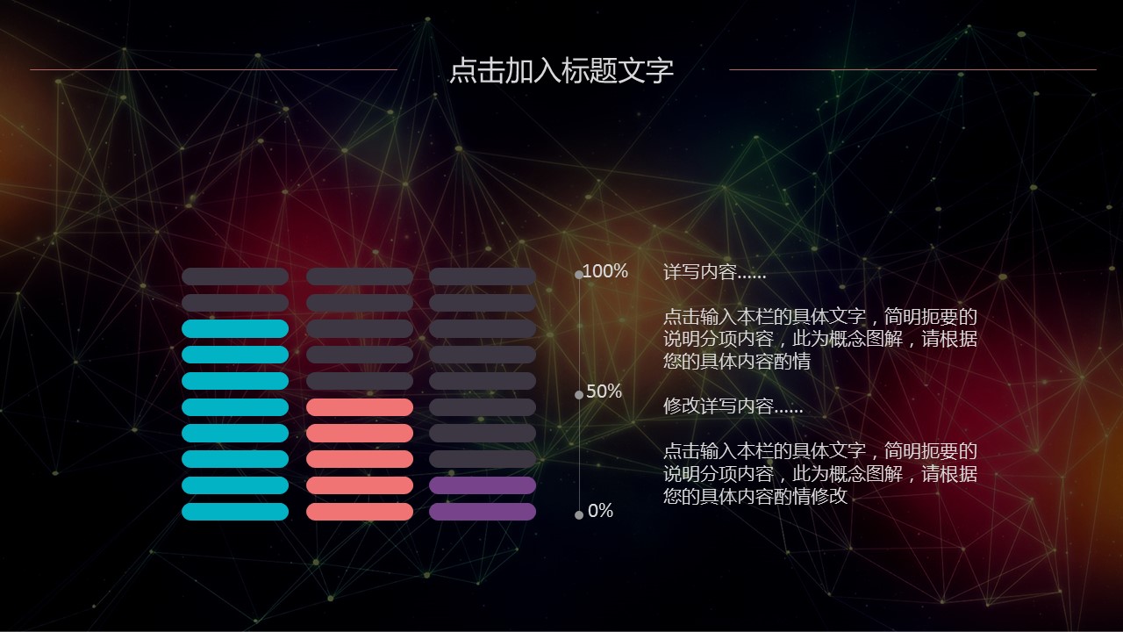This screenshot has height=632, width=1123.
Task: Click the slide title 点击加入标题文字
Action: coord(561,70)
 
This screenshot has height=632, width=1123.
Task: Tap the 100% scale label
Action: coord(605,271)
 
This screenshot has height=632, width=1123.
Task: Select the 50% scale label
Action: coord(604,391)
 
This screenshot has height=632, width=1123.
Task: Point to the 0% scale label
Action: coord(600,511)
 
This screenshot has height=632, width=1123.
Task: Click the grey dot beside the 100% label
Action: coord(578,275)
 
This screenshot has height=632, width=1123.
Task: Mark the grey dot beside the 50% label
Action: coord(578,395)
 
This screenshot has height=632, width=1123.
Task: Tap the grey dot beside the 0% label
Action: coord(578,515)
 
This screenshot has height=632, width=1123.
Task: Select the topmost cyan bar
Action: coord(235,328)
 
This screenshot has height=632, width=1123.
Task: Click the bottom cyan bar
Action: coord(235,512)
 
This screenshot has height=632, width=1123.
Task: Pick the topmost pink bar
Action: coord(360,407)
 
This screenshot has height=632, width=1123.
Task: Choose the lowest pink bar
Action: coord(360,512)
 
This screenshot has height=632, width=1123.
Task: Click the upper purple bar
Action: coord(483,485)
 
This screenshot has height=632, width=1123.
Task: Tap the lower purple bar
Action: coord(483,512)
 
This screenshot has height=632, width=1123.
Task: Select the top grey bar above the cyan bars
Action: coord(235,276)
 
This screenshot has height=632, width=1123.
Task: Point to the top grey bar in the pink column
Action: coord(360,276)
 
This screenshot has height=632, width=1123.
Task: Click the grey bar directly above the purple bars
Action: coord(483,459)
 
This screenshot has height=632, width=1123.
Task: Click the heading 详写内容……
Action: coord(714,272)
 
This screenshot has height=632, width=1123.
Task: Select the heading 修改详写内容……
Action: coord(733,406)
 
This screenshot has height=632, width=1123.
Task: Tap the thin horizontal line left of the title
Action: coord(213,69)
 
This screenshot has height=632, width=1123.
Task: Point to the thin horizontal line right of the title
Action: coord(912,69)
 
